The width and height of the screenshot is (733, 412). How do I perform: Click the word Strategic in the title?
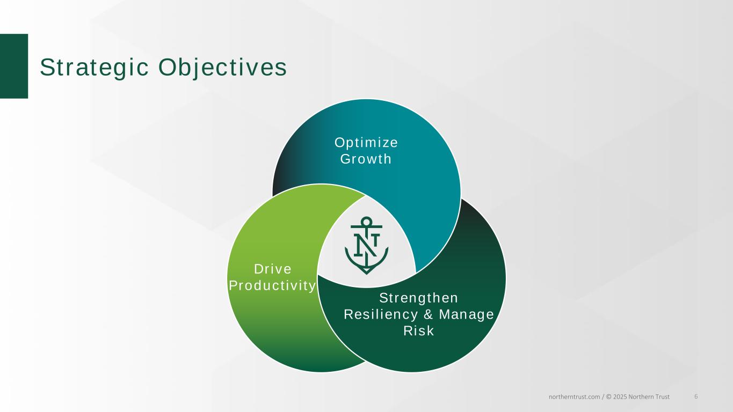pos(95,68)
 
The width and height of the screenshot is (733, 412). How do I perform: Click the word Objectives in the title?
pos(222,68)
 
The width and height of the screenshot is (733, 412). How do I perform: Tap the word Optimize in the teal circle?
pos(366,143)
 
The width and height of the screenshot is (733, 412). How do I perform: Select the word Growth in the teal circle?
pos(366,159)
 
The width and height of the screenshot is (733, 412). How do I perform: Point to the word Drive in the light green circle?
pos(273,269)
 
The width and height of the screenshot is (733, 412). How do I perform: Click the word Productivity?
pos(272,286)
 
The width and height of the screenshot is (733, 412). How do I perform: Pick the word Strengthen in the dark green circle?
pos(418,298)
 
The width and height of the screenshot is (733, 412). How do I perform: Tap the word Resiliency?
pos(381,314)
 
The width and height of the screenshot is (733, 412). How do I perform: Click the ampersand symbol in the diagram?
pos(429,314)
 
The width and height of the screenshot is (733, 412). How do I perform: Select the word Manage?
pos(466,314)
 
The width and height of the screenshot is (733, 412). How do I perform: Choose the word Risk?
pos(418,330)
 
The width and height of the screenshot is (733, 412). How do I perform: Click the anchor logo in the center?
pos(366,245)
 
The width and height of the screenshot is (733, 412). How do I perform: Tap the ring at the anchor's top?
pos(366,221)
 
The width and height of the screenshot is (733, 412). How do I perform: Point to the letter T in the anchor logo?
pos(375,240)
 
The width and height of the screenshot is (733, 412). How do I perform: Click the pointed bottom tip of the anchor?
pos(366,274)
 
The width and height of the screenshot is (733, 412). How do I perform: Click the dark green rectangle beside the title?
pos(14,66)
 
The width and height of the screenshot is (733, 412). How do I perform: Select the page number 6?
pos(696,396)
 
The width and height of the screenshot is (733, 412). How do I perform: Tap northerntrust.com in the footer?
pos(574,397)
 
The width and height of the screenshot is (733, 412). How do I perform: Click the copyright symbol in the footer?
pos(608,397)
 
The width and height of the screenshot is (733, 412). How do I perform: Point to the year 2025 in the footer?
pos(620,397)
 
